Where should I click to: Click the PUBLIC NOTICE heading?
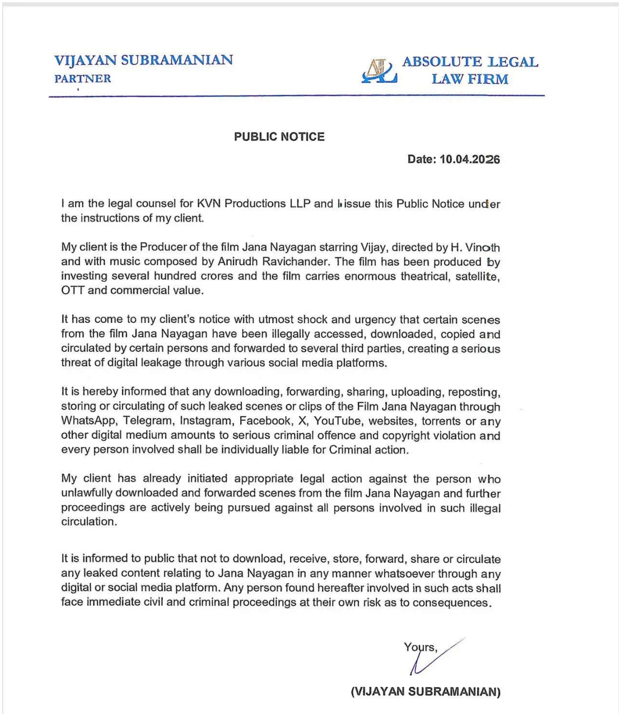coord(279,137)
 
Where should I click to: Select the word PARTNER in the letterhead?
coord(82,79)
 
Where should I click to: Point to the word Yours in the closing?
coord(419,648)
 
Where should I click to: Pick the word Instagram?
coord(206,421)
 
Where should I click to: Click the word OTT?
coord(73,290)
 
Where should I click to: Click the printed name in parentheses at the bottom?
coord(426,691)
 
